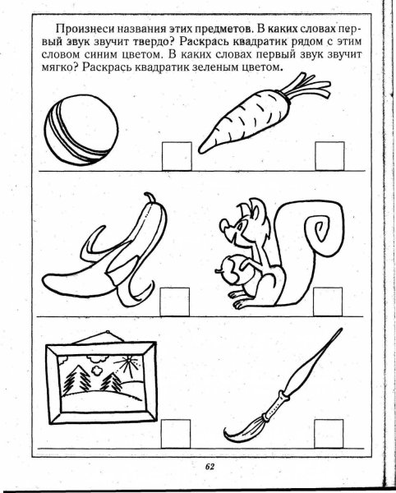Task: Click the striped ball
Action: (81, 130)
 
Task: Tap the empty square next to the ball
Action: (177, 156)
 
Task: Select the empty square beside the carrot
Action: (329, 156)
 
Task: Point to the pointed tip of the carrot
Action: (200, 150)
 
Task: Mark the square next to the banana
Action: (175, 302)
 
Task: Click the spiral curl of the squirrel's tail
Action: (320, 228)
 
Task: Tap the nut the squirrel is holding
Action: (235, 270)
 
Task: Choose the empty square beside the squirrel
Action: (328, 302)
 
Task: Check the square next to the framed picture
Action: (176, 434)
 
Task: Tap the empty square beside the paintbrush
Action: (329, 434)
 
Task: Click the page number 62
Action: (210, 467)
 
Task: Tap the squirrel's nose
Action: (223, 226)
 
